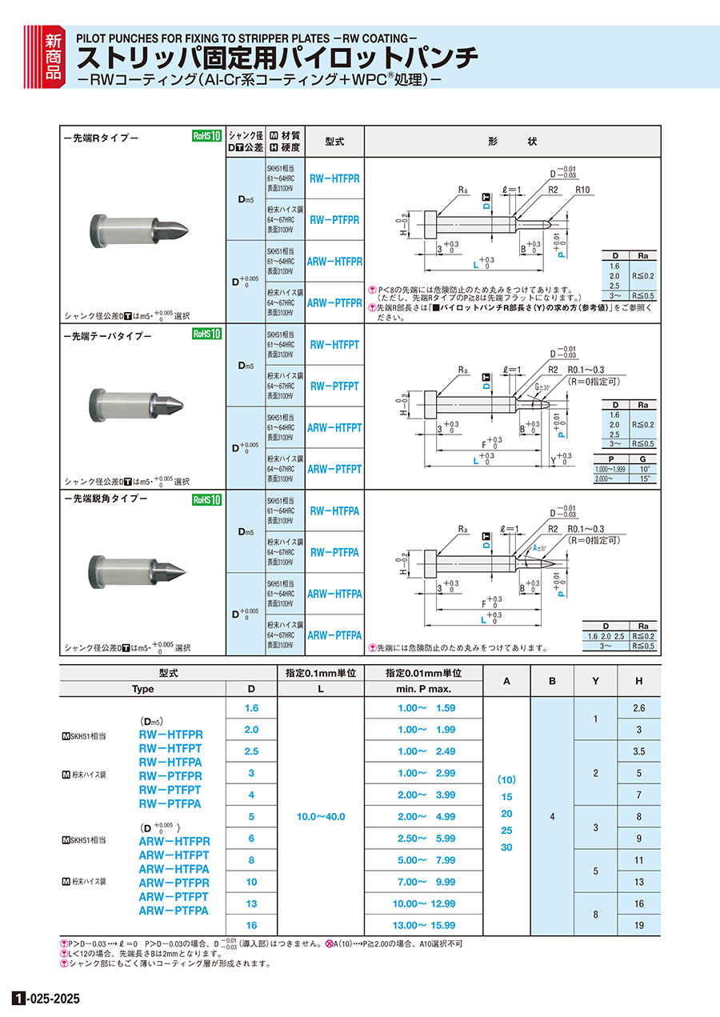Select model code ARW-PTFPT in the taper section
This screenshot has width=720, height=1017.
click(334, 469)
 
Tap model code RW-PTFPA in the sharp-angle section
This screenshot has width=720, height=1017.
click(334, 552)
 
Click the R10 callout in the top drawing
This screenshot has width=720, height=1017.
click(583, 190)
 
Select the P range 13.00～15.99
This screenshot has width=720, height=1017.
click(427, 925)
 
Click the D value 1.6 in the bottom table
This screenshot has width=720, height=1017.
click(252, 708)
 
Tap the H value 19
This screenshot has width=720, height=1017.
click(638, 925)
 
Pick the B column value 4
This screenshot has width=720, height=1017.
click(552, 816)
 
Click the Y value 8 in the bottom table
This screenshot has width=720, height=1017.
click(595, 914)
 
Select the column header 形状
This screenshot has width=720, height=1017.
click(512, 142)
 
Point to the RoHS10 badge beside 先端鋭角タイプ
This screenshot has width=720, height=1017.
click(206, 499)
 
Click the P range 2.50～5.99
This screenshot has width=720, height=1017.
click(427, 839)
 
